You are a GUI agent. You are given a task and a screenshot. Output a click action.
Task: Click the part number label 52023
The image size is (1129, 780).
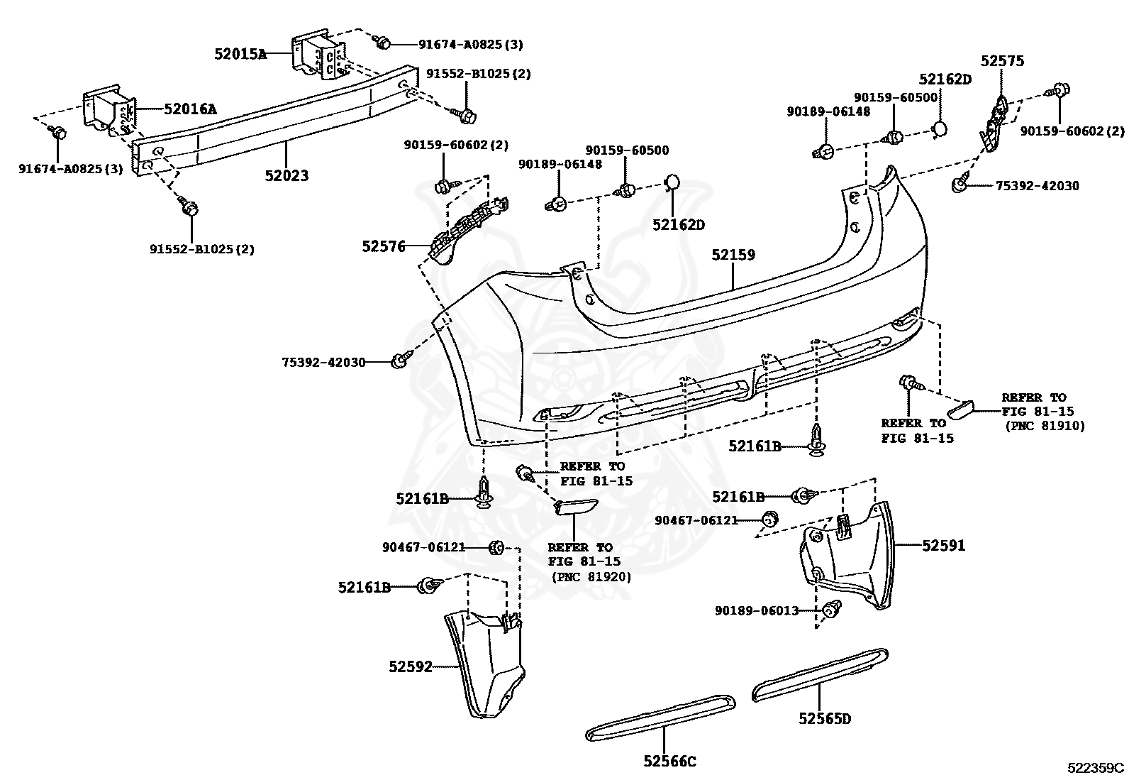pos(287,175)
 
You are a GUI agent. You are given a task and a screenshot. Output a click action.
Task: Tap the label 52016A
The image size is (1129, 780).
pos(190,109)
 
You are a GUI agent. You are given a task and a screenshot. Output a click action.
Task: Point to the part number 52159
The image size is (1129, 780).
pos(733,255)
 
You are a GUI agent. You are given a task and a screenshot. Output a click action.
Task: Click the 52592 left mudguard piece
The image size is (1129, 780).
pos(485,663)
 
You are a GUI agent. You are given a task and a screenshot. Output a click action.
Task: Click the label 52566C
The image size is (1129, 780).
pos(669,762)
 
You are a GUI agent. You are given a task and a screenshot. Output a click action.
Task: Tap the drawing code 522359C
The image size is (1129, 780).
pos(1096,768)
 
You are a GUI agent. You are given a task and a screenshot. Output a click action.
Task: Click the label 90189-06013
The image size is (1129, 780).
pos(757,610)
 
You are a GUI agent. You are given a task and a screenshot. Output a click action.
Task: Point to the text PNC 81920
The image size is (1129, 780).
pos(591,578)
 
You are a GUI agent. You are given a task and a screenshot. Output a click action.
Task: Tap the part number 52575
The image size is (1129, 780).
pos(1002,61)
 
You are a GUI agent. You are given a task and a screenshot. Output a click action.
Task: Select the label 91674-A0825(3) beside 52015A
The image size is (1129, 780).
pos(470,45)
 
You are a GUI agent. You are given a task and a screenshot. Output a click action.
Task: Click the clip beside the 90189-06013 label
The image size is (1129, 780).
pos(831,608)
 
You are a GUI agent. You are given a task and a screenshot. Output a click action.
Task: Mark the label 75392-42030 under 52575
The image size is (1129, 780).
pos(1037,186)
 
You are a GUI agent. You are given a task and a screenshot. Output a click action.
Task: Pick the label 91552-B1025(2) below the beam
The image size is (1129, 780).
pos(201,249)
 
